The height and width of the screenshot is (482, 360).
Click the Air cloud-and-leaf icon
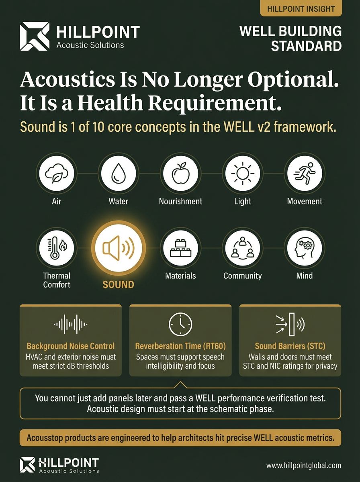(x=56, y=174)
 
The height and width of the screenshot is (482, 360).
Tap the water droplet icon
(x=118, y=174)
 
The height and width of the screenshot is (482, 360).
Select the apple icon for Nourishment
(x=180, y=174)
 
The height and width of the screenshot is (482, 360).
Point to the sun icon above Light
(x=242, y=174)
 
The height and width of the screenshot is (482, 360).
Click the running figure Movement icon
(x=304, y=174)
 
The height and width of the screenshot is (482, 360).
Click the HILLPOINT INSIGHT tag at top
(x=301, y=8)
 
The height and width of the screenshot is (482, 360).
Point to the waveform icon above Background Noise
(x=71, y=323)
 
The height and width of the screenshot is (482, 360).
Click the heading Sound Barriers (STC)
(x=290, y=346)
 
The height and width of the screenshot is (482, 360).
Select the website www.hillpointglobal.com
(x=303, y=466)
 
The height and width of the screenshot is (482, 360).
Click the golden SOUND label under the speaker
(x=118, y=284)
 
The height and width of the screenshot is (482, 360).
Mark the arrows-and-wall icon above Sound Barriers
(x=290, y=323)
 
